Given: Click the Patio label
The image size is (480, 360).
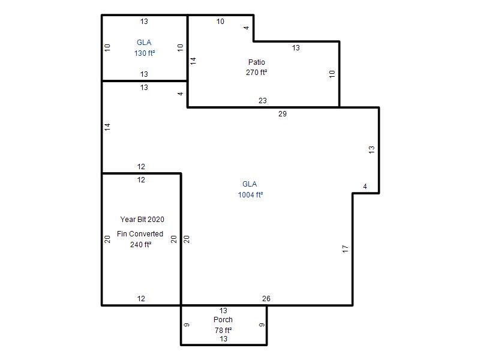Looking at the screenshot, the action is click(x=257, y=62).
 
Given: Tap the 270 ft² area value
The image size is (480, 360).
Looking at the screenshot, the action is click(x=257, y=73).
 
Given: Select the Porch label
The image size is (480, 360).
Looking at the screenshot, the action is click(x=223, y=320).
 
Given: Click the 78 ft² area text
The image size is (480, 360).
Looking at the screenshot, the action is click(x=223, y=331).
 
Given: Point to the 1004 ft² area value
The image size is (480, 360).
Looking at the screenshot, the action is click(x=250, y=194).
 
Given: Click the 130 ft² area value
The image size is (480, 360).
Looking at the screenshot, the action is click(x=145, y=53).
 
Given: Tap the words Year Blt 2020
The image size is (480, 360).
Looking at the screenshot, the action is click(x=142, y=220).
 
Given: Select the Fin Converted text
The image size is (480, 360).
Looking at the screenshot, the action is click(x=140, y=234).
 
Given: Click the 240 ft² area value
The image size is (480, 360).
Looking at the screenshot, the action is click(x=140, y=245).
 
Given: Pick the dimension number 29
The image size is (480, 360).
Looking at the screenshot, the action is click(x=283, y=114).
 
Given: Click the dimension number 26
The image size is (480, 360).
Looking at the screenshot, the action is click(x=266, y=298).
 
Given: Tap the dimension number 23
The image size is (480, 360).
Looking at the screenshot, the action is click(x=263, y=100).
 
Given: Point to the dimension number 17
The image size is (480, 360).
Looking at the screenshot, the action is click(x=346, y=249).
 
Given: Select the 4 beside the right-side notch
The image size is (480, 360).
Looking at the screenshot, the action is click(x=365, y=187).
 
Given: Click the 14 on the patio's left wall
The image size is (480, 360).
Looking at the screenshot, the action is click(x=193, y=61).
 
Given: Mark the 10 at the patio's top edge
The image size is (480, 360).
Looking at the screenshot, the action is click(x=220, y=22).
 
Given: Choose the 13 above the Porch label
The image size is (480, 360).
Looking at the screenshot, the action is click(x=223, y=310).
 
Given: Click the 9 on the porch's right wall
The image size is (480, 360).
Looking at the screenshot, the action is click(x=262, y=325).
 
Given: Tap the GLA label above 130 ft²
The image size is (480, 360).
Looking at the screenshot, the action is click(x=144, y=42).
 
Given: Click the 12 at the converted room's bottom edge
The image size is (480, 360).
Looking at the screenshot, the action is click(x=141, y=298).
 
